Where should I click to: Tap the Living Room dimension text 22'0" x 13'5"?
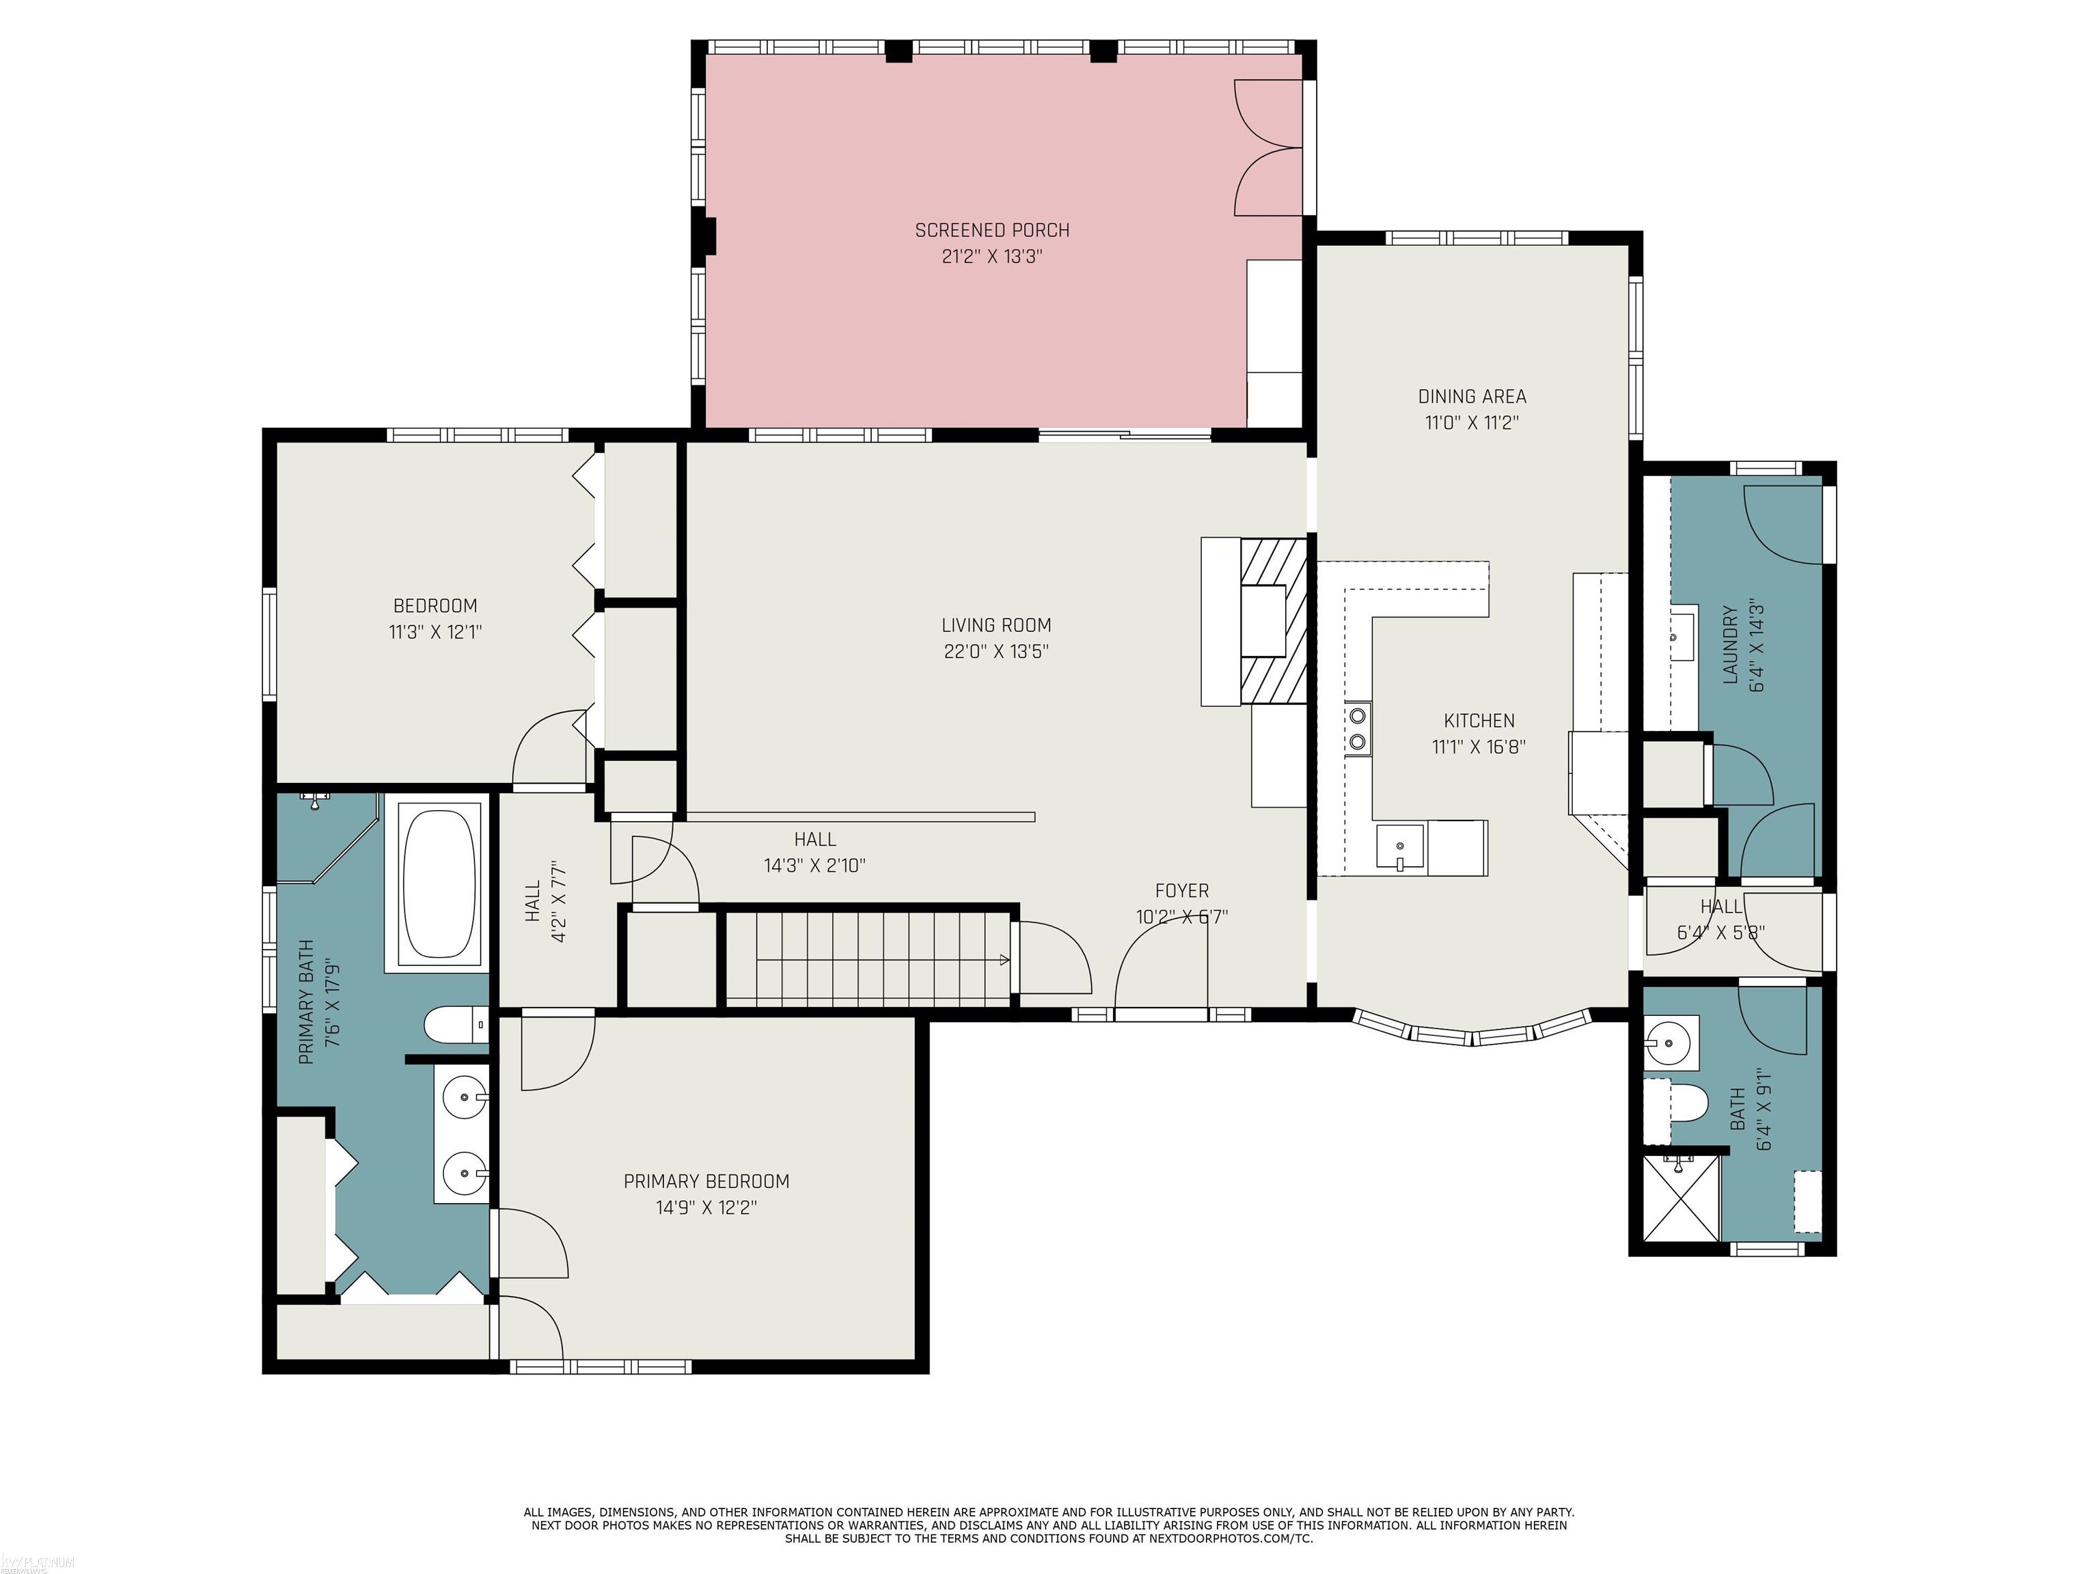click(996, 652)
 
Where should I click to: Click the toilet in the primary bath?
click(456, 1025)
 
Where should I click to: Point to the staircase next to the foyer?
click(866, 958)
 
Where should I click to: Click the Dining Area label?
click(1472, 397)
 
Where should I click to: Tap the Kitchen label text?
click(1479, 721)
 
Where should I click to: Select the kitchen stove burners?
click(1358, 728)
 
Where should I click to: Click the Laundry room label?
click(1730, 645)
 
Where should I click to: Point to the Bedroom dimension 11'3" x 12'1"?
click(435, 632)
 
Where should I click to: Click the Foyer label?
click(1181, 891)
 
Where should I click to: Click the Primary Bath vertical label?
click(305, 1002)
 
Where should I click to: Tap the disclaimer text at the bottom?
click(1049, 1525)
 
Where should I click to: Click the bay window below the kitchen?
click(1472, 1030)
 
